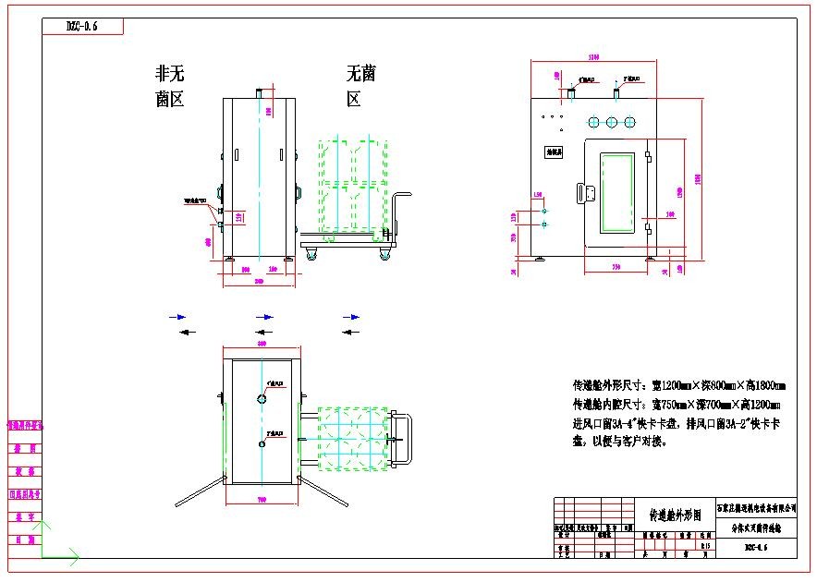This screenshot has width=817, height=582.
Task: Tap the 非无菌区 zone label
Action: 170,86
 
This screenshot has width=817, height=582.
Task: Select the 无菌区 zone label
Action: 360,86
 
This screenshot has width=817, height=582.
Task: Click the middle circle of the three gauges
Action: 612,122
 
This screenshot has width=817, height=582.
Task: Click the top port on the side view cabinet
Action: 260,92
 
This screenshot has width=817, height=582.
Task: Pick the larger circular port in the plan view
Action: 262,398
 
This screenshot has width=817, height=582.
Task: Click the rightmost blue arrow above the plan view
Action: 352,317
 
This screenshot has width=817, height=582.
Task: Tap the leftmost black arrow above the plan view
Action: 185,332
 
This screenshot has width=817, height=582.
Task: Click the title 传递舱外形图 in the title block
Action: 676,512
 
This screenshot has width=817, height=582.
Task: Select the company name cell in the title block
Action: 756,507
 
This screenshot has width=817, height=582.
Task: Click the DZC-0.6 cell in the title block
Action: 756,548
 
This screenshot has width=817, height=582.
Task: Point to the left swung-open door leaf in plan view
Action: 200,491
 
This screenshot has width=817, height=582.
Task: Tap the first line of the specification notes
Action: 679,385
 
